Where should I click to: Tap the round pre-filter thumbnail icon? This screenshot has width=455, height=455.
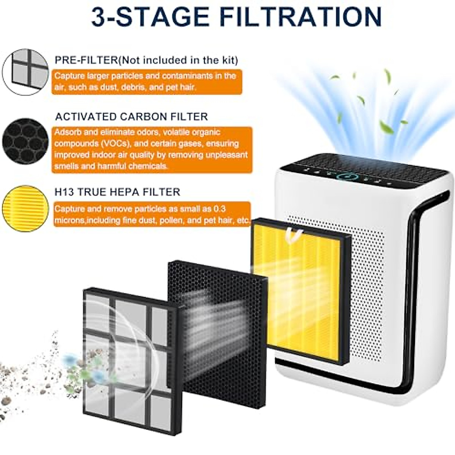[26, 72]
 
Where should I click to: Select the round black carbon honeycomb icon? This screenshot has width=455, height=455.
[25, 141]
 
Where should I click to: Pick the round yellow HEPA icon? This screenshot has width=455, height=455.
[25, 208]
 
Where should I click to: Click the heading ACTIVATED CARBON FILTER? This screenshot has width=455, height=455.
[132, 116]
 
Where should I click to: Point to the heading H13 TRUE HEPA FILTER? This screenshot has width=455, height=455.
[117, 192]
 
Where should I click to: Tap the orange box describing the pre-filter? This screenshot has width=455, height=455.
[147, 82]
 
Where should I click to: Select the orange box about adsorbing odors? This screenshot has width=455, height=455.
[152, 149]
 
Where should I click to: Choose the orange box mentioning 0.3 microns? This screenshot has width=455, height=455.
[152, 214]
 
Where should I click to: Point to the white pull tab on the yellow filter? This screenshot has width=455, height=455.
[295, 234]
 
